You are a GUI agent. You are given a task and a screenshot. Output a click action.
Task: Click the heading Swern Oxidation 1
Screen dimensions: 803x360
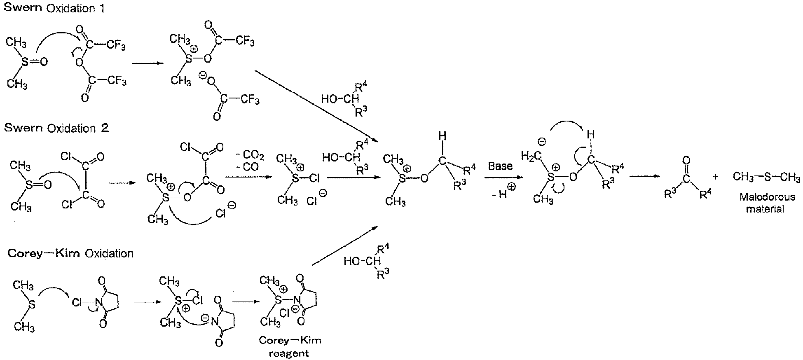point(54,8)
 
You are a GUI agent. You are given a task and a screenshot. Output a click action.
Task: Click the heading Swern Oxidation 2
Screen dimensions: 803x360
point(56,128)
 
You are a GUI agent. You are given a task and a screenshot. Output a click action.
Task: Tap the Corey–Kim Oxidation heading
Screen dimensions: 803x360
point(70,253)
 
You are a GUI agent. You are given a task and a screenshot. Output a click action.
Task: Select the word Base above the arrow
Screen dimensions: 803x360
point(500,166)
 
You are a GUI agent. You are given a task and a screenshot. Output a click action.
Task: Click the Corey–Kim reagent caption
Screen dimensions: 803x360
point(290,347)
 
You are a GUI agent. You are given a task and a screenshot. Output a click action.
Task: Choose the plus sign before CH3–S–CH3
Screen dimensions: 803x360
point(715,177)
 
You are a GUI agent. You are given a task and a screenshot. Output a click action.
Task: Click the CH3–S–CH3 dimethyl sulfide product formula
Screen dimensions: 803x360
point(766,178)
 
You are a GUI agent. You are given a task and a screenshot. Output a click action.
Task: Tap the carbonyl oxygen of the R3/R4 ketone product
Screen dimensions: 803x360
point(686,160)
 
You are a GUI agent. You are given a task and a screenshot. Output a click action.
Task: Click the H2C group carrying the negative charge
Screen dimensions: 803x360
point(531,157)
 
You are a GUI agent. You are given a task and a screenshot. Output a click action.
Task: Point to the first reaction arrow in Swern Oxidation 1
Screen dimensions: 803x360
point(146,63)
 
